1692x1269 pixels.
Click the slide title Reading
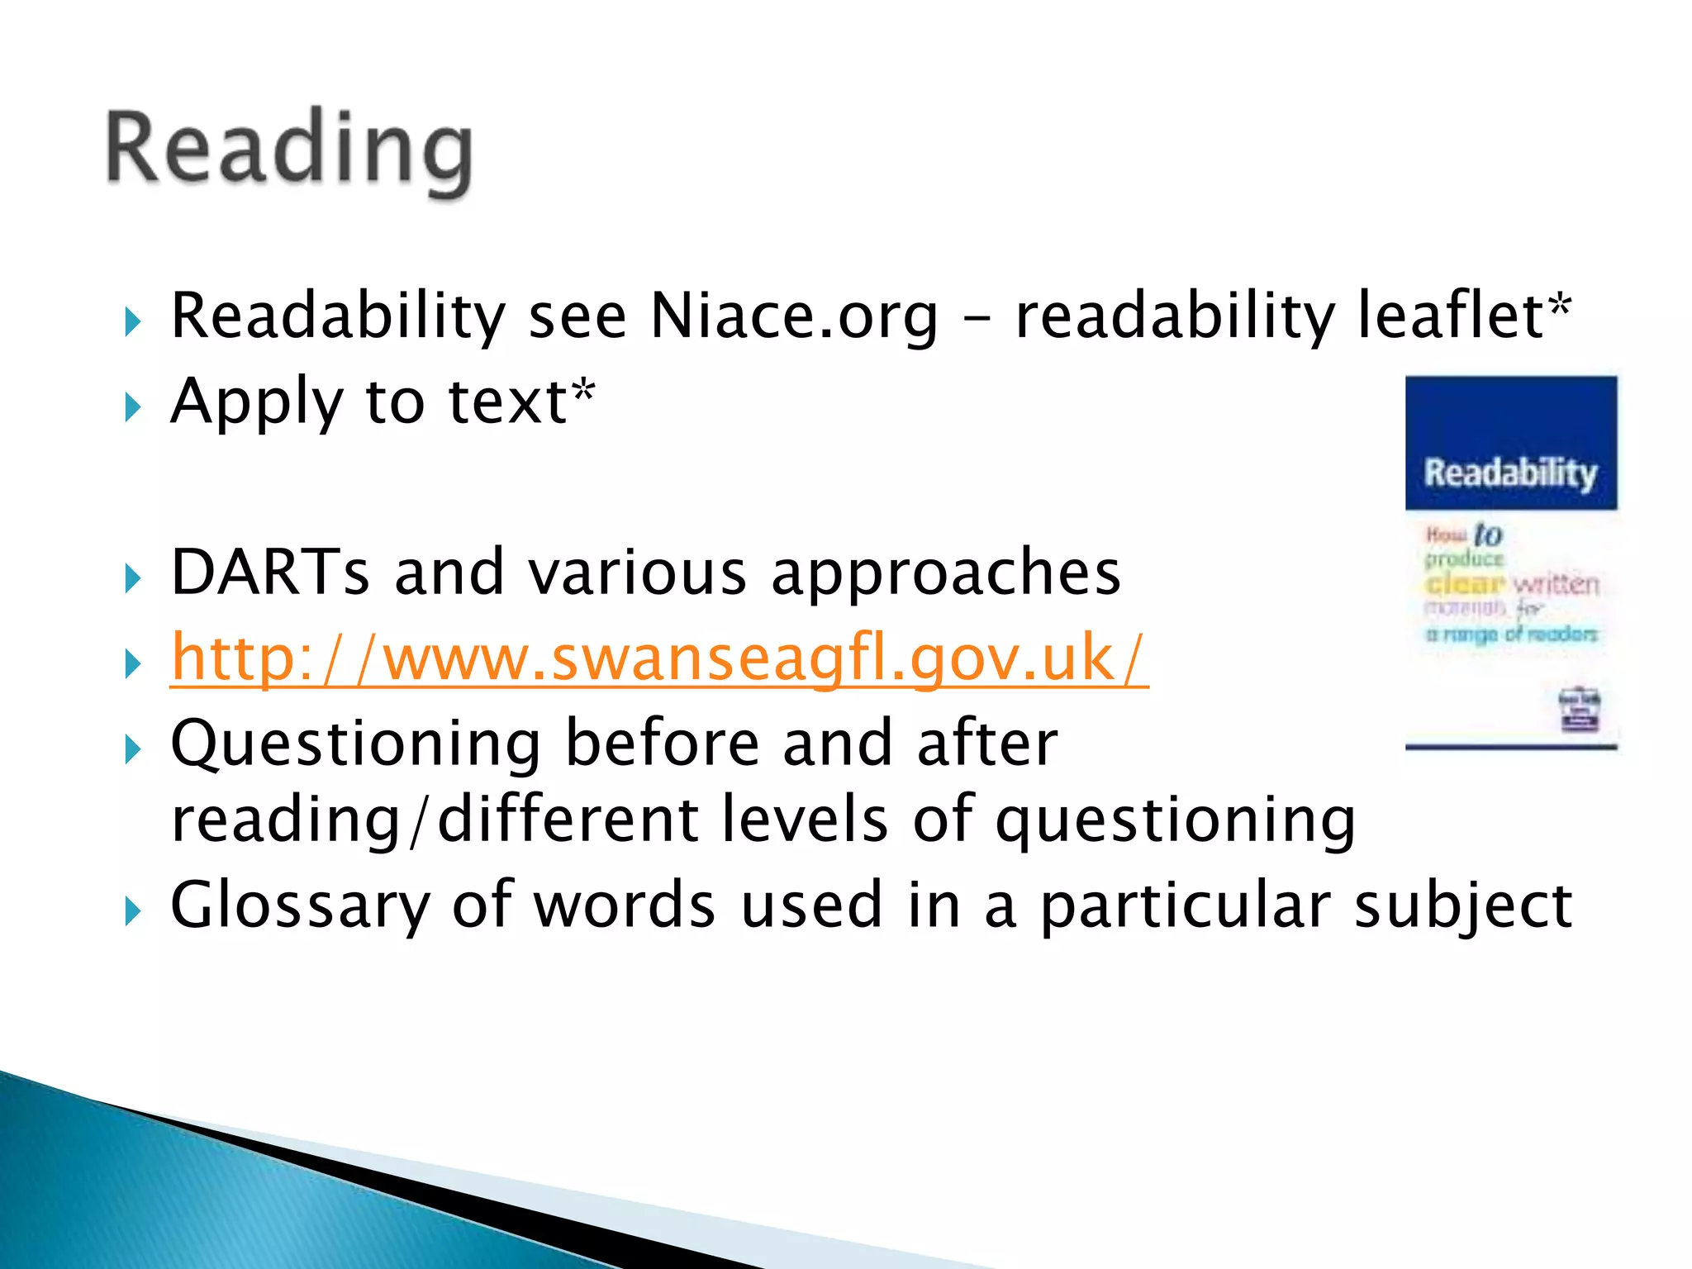coord(289,151)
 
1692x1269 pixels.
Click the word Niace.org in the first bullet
coord(794,316)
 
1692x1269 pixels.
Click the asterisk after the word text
coord(584,390)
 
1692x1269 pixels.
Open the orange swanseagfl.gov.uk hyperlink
coord(658,658)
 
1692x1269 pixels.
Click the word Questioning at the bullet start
coord(355,744)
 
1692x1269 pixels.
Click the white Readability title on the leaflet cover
coord(1510,473)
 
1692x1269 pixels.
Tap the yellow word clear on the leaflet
coord(1465,584)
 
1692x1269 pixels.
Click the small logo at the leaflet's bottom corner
coord(1579,710)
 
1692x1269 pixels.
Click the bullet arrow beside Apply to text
coord(132,407)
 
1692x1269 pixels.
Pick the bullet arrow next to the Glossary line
coord(132,912)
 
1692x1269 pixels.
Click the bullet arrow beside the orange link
coord(132,663)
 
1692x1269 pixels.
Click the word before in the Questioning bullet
coord(661,744)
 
